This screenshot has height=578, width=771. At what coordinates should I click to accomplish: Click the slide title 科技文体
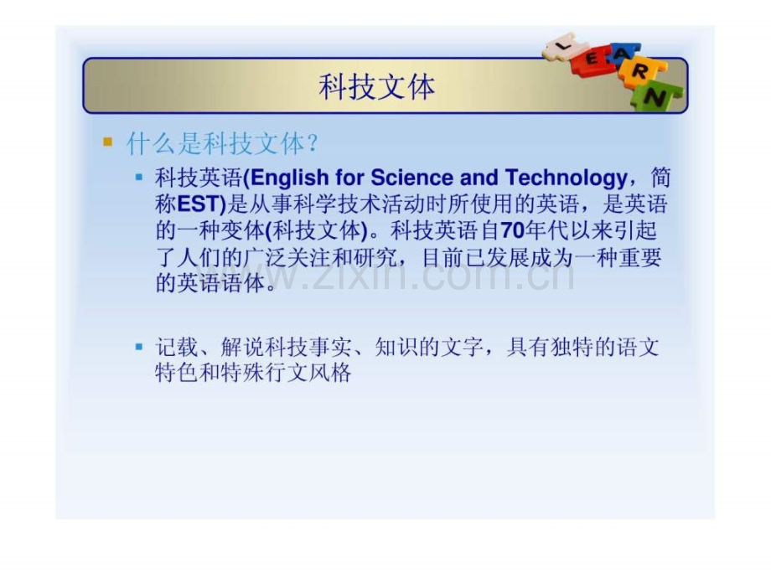point(376,86)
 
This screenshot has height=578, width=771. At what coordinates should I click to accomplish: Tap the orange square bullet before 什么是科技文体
point(107,142)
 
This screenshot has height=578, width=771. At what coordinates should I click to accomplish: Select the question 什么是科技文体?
point(222,143)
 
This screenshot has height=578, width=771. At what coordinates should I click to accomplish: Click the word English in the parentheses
point(289,178)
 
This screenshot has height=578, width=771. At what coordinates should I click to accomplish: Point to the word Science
point(412,178)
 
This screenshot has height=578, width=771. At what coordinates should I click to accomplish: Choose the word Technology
point(566,178)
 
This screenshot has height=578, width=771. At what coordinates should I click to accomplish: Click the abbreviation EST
point(197,204)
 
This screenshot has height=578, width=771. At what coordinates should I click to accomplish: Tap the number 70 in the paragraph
point(512,230)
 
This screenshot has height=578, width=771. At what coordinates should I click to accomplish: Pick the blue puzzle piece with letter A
point(619,54)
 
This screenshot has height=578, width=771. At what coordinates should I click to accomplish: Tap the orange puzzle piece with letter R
point(641,72)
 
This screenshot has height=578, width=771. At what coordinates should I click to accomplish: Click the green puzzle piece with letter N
point(656,97)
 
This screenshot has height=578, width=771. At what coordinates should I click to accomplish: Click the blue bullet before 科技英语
point(139,177)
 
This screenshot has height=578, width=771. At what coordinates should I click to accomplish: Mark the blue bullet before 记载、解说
point(139,347)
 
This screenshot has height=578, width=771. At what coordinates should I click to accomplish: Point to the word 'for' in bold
point(349,178)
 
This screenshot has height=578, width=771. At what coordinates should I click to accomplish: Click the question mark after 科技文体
point(312,144)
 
